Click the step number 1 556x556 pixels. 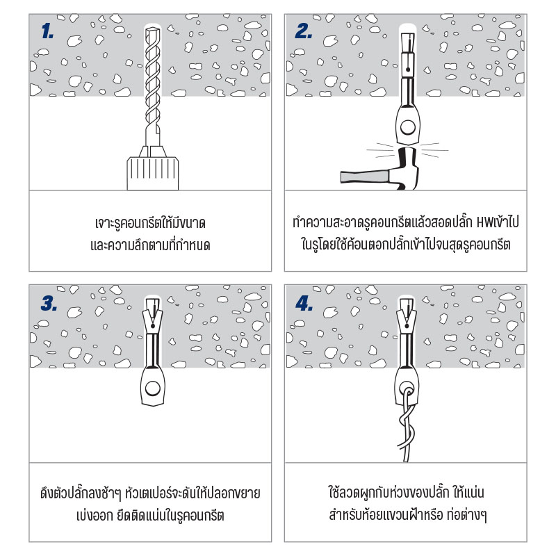(x=47, y=31)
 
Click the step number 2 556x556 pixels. (x=304, y=31)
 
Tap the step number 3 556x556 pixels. (x=49, y=303)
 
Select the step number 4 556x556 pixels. (x=304, y=304)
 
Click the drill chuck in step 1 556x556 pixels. (x=153, y=173)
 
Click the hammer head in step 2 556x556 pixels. (x=407, y=167)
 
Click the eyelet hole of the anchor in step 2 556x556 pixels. (x=408, y=127)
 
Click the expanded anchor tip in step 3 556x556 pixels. (x=153, y=314)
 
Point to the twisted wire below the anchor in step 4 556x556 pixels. (x=407, y=425)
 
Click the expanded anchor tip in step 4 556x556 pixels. (x=407, y=314)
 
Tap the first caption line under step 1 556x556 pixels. (x=150, y=223)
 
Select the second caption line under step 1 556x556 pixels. (x=150, y=245)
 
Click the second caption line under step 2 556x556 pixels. (x=406, y=245)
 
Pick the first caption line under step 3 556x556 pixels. (x=150, y=493)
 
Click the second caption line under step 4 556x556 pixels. (x=407, y=515)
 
